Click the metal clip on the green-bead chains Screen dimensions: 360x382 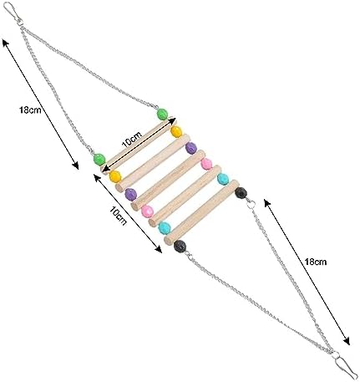(x=13, y=13)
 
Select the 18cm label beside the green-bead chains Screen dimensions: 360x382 (x=30, y=110)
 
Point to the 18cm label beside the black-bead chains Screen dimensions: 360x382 (x=315, y=262)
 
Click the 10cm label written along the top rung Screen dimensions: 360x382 (x=132, y=139)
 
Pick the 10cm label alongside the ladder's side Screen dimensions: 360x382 (x=118, y=216)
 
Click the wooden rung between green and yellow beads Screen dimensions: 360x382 (x=137, y=145)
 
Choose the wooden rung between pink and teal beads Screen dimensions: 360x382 (x=185, y=196)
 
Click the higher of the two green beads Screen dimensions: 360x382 (x=162, y=115)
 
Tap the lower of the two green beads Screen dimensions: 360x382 (x=99, y=160)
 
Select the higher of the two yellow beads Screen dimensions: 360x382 (x=176, y=131)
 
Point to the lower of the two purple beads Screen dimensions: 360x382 (x=130, y=195)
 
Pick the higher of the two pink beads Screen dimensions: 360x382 (x=206, y=164)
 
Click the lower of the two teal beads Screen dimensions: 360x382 (x=165, y=228)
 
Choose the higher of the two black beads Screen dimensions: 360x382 (x=241, y=193)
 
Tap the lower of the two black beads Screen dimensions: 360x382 (x=180, y=247)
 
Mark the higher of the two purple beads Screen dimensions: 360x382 (x=191, y=148)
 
